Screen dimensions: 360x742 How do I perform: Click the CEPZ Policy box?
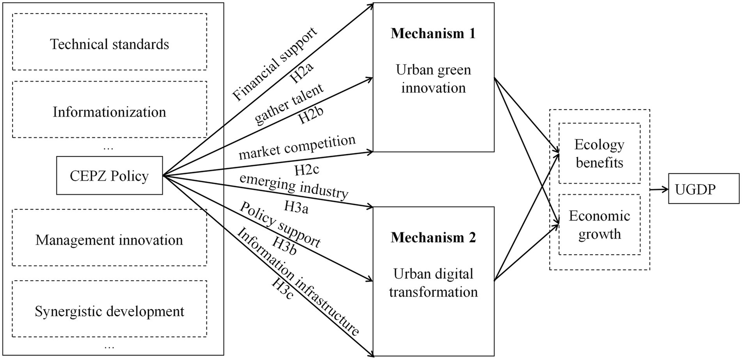(x=109, y=175)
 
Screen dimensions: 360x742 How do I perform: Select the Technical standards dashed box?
(x=110, y=44)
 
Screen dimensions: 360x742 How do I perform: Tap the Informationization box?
(x=110, y=112)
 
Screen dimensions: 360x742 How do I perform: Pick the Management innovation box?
(x=110, y=240)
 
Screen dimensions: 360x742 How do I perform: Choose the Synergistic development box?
(x=110, y=311)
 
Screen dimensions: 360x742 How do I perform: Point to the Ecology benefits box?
(x=599, y=153)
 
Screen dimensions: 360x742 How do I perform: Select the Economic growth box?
(x=599, y=224)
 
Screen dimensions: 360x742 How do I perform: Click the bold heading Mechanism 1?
(x=433, y=34)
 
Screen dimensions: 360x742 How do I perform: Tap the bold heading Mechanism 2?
(x=433, y=238)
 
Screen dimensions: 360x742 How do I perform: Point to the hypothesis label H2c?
(x=306, y=171)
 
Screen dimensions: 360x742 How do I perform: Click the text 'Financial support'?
(x=275, y=64)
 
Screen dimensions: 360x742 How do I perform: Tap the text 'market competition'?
(x=297, y=147)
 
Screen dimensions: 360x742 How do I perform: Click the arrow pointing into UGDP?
(x=659, y=189)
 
